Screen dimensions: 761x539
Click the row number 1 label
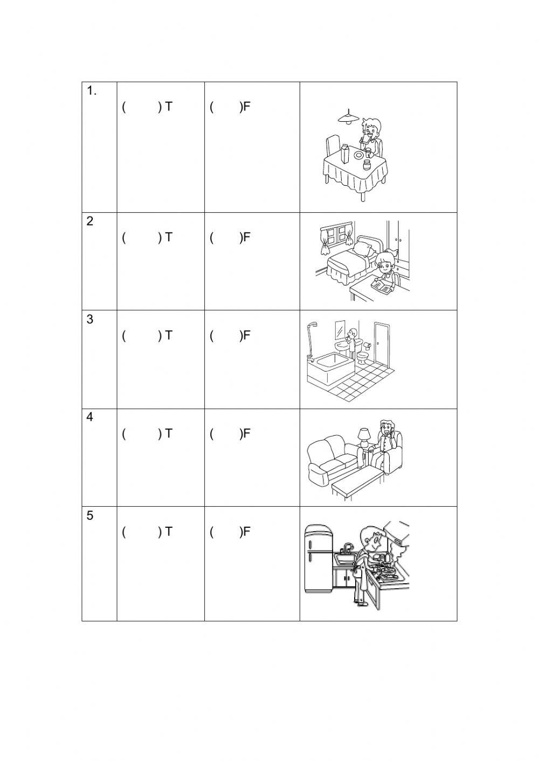click(x=92, y=91)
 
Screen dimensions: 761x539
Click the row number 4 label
click(x=90, y=417)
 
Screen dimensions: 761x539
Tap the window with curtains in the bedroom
click(x=336, y=235)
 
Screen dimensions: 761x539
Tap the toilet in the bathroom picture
click(x=363, y=357)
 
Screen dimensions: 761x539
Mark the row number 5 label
click(x=90, y=515)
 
